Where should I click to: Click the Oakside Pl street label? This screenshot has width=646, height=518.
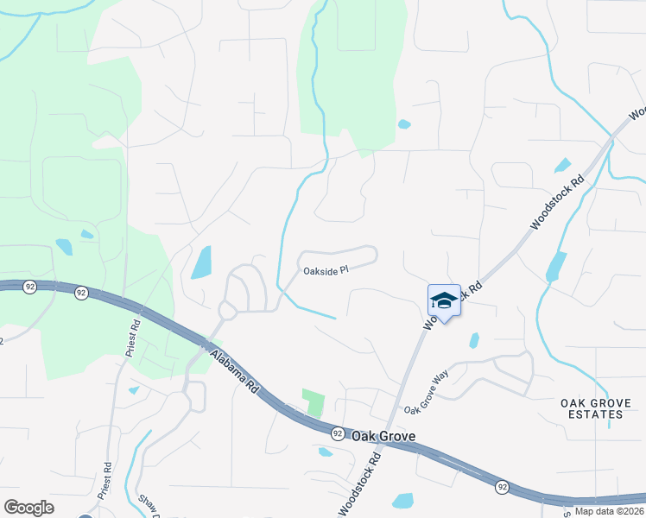click(325, 270)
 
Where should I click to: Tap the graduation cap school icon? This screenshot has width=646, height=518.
click(444, 300)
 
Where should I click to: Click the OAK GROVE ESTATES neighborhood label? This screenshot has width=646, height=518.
click(591, 408)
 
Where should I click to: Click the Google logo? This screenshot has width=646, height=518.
click(28, 508)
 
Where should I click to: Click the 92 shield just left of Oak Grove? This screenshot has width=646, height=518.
click(338, 432)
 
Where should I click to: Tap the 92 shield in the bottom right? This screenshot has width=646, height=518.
click(502, 487)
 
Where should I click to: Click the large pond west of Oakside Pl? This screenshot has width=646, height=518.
click(200, 262)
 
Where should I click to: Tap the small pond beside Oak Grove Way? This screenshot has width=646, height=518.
click(474, 340)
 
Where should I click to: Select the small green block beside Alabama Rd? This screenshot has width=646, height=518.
click(313, 402)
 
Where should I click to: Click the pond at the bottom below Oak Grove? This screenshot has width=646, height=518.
click(402, 501)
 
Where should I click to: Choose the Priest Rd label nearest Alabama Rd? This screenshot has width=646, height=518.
click(132, 338)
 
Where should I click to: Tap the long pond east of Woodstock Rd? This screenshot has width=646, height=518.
click(556, 266)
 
